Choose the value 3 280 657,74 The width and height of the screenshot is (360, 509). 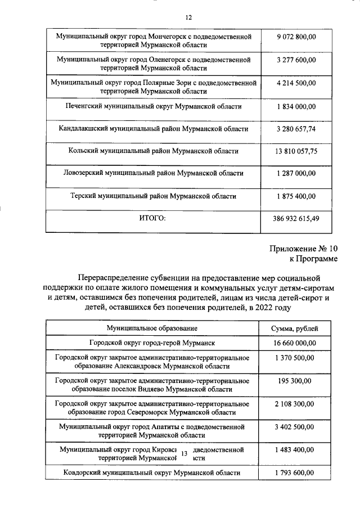[x=296, y=129]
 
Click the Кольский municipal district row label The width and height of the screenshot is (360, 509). [x=153, y=151]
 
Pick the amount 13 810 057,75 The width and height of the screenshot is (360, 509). [x=296, y=151]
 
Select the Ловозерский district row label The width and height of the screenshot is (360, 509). [x=153, y=174]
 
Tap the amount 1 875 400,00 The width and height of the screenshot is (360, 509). [x=296, y=196]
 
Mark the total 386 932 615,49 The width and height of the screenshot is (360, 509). [x=296, y=219]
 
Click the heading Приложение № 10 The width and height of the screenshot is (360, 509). [x=304, y=248]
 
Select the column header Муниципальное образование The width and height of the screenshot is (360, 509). [x=152, y=328]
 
